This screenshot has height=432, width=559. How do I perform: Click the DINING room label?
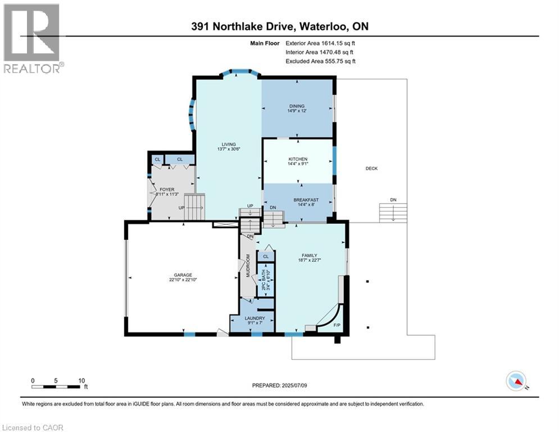pyautogui.click(x=297, y=106)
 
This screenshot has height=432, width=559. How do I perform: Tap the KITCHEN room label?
pyautogui.click(x=298, y=160)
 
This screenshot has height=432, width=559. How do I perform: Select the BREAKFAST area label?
pyautogui.click(x=306, y=200)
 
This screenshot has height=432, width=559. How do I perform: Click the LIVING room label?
pyautogui.click(x=229, y=144)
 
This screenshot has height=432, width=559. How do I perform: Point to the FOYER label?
pyautogui.click(x=166, y=190)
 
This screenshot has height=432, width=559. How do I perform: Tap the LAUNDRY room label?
pyautogui.click(x=255, y=318)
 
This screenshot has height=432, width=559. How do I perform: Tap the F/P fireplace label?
pyautogui.click(x=337, y=326)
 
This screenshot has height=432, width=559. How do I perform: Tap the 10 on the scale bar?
pyautogui.click(x=81, y=380)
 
